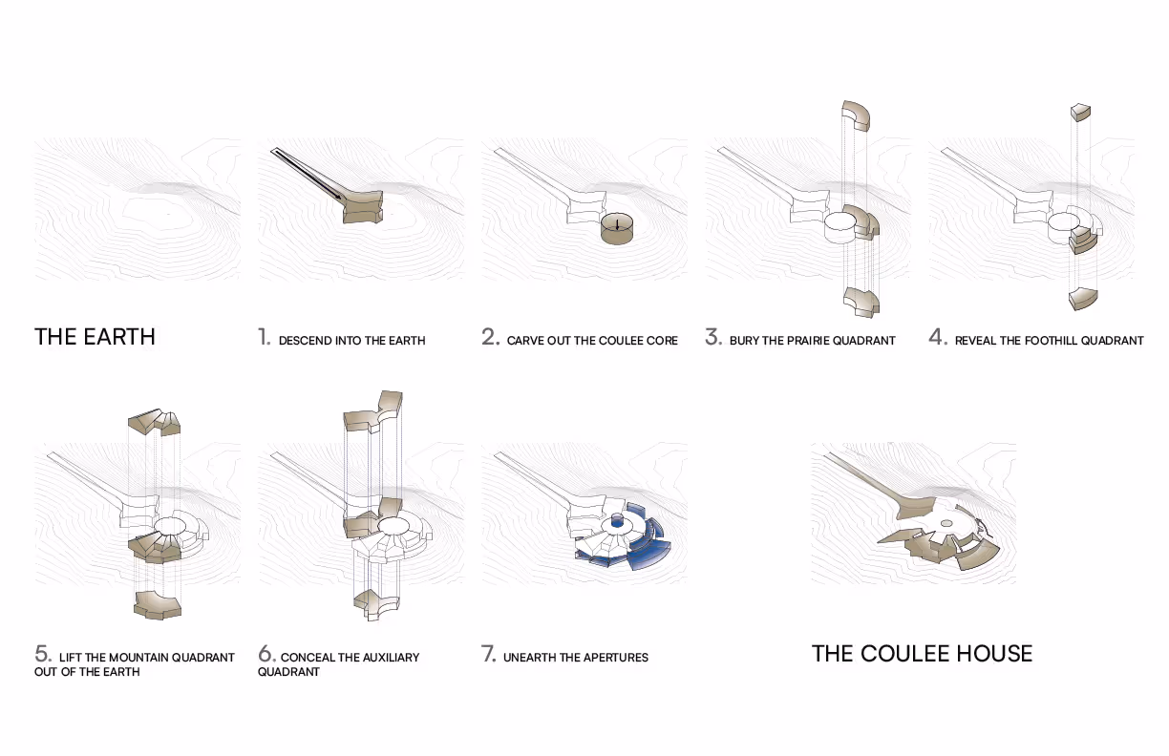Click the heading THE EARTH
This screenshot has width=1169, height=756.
click(95, 337)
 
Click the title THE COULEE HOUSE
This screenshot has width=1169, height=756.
click(923, 653)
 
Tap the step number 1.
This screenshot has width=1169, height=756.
click(265, 337)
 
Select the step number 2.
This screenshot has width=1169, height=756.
click(491, 337)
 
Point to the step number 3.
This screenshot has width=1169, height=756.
click(713, 337)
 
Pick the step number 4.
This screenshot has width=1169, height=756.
click(938, 337)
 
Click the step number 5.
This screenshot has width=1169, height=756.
click(43, 654)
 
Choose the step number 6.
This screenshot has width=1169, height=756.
click(266, 654)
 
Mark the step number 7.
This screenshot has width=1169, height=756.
click(489, 654)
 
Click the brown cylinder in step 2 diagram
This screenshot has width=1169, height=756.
click(617, 228)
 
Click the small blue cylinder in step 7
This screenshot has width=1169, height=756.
click(617, 521)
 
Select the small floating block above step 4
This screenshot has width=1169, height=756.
click(1081, 113)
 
